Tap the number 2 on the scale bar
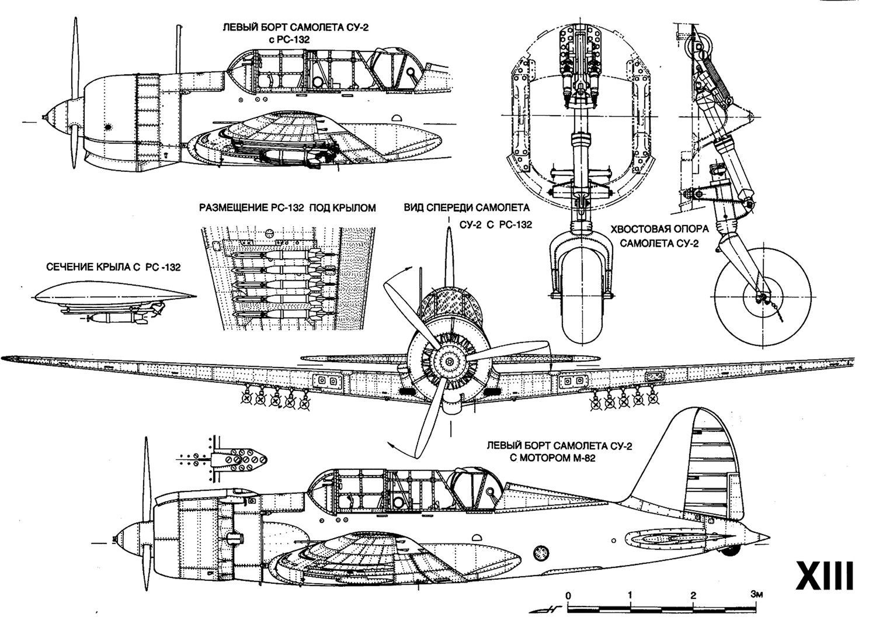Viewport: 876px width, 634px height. pos(693,595)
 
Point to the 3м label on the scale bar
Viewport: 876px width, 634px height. pos(757,595)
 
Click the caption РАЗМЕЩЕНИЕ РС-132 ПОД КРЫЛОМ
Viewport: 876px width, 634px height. pos(287,207)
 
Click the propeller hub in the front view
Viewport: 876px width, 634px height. pos(449,362)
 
